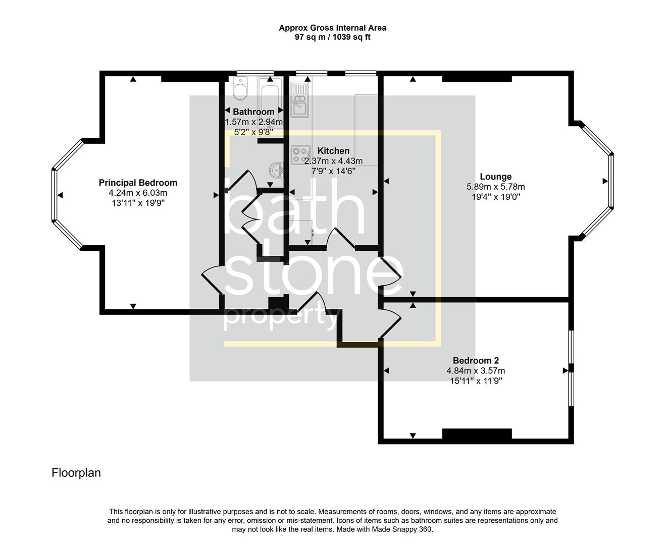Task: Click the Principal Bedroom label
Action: pyautogui.click(x=138, y=183)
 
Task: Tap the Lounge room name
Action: pyautogui.click(x=495, y=177)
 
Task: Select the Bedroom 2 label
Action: pyautogui.click(x=476, y=360)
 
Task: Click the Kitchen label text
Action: pyautogui.click(x=333, y=151)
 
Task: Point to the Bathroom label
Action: pyautogui.click(x=253, y=112)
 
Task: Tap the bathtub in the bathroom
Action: pyautogui.click(x=270, y=96)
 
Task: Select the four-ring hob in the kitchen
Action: pyautogui.click(x=300, y=154)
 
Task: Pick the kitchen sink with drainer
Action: pyautogui.click(x=299, y=99)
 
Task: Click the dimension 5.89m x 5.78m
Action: pyautogui.click(x=495, y=187)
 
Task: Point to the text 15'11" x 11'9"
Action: pyautogui.click(x=476, y=381)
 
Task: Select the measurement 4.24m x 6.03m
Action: pyautogui.click(x=138, y=193)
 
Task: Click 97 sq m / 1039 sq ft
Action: pyautogui.click(x=332, y=37)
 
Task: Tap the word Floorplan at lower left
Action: pyautogui.click(x=76, y=473)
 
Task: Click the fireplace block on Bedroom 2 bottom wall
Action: pyautogui.click(x=477, y=434)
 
